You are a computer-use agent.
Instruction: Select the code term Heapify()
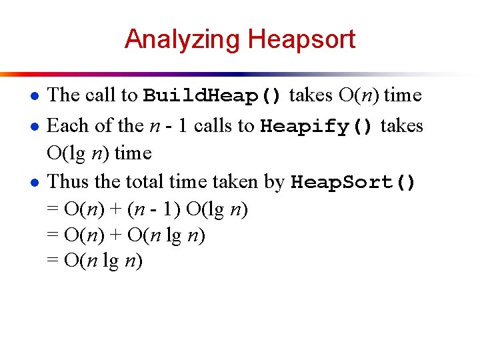coord(318,126)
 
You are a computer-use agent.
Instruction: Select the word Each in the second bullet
coord(68,125)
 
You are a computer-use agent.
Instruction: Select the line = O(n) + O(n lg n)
coord(126,235)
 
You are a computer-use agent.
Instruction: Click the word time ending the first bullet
coord(403,95)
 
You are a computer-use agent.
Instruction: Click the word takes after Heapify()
coord(402,125)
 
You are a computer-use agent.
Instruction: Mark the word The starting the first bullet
coord(65,95)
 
